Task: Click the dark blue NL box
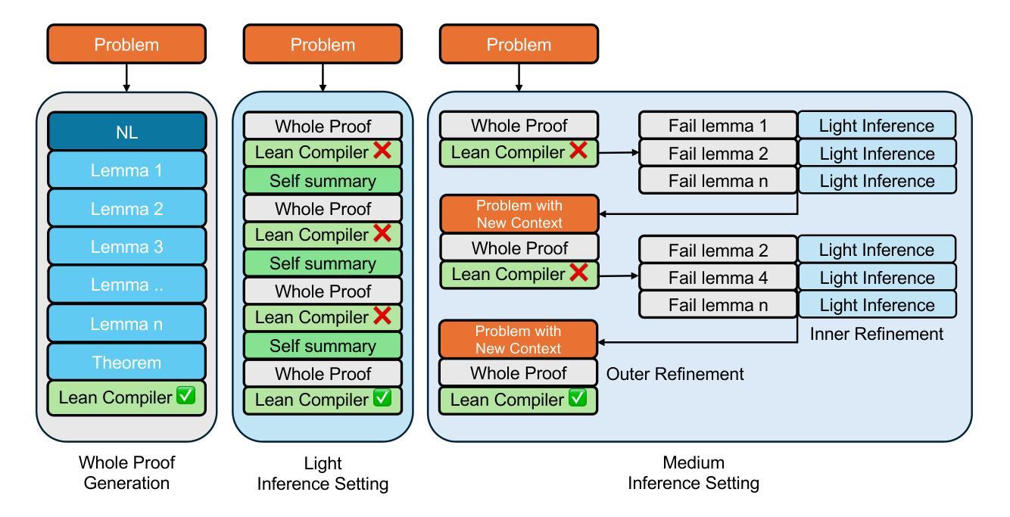click(126, 131)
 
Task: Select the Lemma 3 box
click(126, 246)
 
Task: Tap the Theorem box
click(126, 362)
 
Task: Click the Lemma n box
click(126, 324)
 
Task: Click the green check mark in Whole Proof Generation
click(185, 395)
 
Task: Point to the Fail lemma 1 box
click(718, 126)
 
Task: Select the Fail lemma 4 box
click(718, 277)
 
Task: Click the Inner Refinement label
click(876, 334)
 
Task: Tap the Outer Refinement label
click(675, 374)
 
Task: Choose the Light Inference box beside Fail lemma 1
click(877, 126)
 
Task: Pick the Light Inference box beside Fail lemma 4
click(877, 277)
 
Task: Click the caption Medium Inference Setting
click(694, 473)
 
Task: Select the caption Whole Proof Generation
click(126, 473)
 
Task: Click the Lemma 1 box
click(126, 170)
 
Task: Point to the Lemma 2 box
click(126, 208)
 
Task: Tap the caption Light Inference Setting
click(323, 473)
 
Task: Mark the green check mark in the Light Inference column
click(382, 397)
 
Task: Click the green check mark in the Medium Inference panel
click(578, 397)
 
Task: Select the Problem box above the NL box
click(126, 44)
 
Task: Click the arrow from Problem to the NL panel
click(126, 77)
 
